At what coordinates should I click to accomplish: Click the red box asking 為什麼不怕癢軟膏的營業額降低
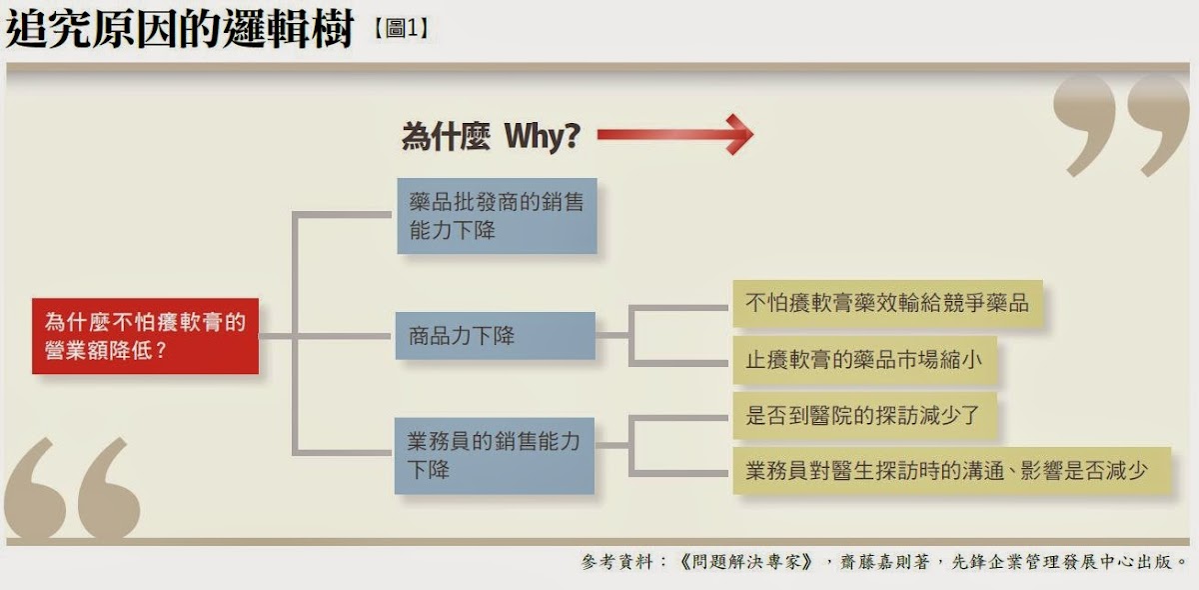click(145, 336)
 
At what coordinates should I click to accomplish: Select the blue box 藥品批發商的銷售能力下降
click(497, 216)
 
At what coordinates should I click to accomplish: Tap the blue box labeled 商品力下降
click(495, 336)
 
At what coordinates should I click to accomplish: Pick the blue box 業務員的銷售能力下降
click(495, 455)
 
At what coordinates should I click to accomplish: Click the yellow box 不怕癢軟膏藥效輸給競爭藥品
click(887, 303)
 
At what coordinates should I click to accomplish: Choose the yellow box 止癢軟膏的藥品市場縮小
click(865, 360)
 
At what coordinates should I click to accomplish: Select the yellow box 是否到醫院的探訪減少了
click(865, 415)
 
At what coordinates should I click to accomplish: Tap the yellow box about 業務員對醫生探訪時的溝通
click(951, 470)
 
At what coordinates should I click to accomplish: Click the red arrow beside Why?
click(674, 135)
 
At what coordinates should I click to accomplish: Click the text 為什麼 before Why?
click(446, 136)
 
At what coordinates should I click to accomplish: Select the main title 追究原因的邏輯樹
click(180, 30)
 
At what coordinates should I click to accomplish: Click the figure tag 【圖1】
click(401, 29)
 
